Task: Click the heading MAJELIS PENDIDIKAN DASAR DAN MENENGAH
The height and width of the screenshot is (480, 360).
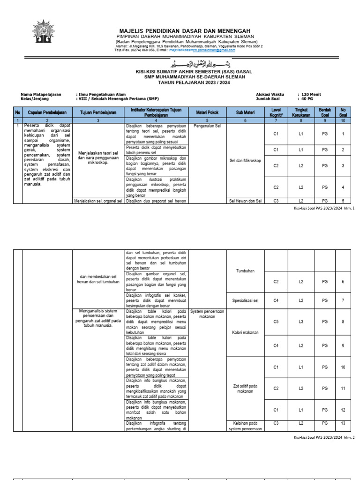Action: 185,30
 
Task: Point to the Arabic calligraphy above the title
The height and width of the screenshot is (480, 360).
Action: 187,63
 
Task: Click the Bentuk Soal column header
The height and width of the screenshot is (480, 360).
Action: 324,112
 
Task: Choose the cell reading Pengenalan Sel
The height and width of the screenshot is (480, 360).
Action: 207,127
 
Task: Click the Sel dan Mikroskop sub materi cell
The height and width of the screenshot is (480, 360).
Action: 245,161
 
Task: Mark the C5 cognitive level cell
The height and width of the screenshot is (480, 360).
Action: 276,322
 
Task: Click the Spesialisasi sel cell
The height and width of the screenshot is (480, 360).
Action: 245,300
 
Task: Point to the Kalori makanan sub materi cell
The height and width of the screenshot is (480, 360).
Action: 245,333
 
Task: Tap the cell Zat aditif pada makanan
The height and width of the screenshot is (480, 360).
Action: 245,389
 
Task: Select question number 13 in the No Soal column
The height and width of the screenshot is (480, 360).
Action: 343,423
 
